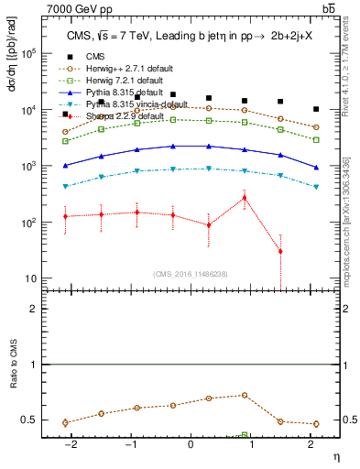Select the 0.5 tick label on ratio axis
point(29,420)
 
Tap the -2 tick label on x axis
point(70,446)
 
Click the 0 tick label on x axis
point(191,446)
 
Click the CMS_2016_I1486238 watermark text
point(190,275)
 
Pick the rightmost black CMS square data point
point(316,109)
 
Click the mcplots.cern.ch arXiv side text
point(353,220)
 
